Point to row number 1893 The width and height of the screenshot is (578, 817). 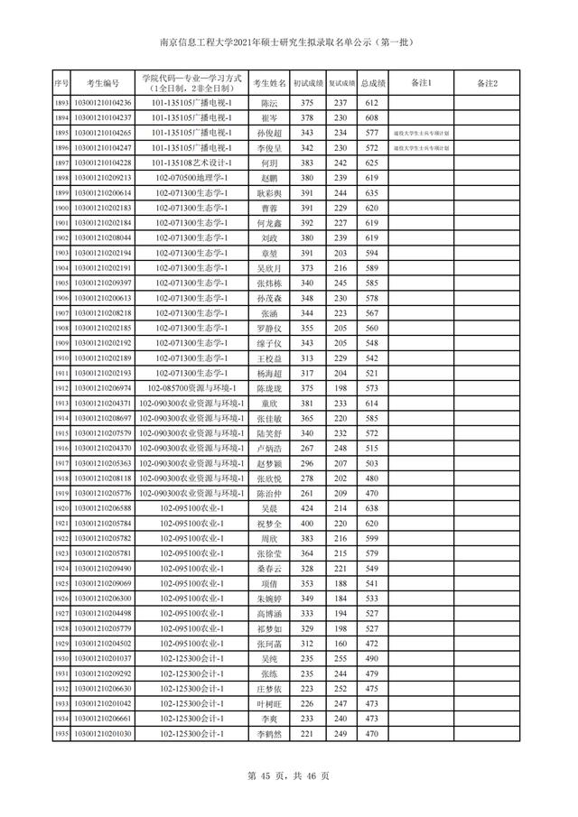tap(61, 104)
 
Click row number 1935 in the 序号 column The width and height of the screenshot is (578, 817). tap(61, 734)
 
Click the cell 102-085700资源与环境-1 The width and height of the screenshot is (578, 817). tap(193, 388)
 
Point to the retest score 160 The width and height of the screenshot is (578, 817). tap(340, 644)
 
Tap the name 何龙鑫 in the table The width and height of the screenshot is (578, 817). tap(269, 223)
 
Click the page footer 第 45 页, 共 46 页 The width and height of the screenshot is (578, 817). tap(289, 775)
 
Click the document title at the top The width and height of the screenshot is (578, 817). tap(289, 41)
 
